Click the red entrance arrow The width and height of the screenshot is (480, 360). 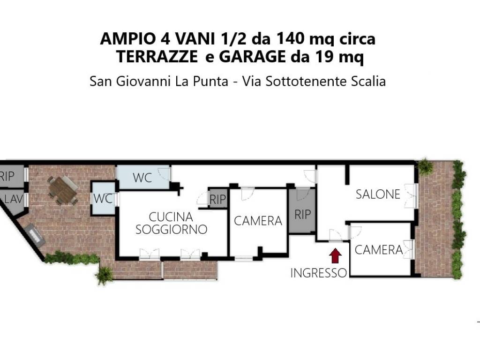tap(336, 255)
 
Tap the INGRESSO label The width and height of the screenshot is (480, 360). tap(318, 273)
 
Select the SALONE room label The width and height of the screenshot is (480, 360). tap(378, 195)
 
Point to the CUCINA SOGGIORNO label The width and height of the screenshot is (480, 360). tap(171, 223)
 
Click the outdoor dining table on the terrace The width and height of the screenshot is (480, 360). tap(63, 190)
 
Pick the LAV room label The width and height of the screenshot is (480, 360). tap(14, 199)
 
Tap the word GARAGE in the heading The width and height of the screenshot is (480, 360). tap(252, 57)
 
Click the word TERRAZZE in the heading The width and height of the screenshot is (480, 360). tap(157, 57)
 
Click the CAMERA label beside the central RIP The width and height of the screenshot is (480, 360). tap(258, 221)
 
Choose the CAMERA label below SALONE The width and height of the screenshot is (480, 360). tap(379, 250)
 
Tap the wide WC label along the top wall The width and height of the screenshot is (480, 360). tap(142, 178)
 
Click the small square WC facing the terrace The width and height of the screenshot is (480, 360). tap(104, 199)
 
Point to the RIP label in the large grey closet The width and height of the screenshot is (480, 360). tap(302, 215)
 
